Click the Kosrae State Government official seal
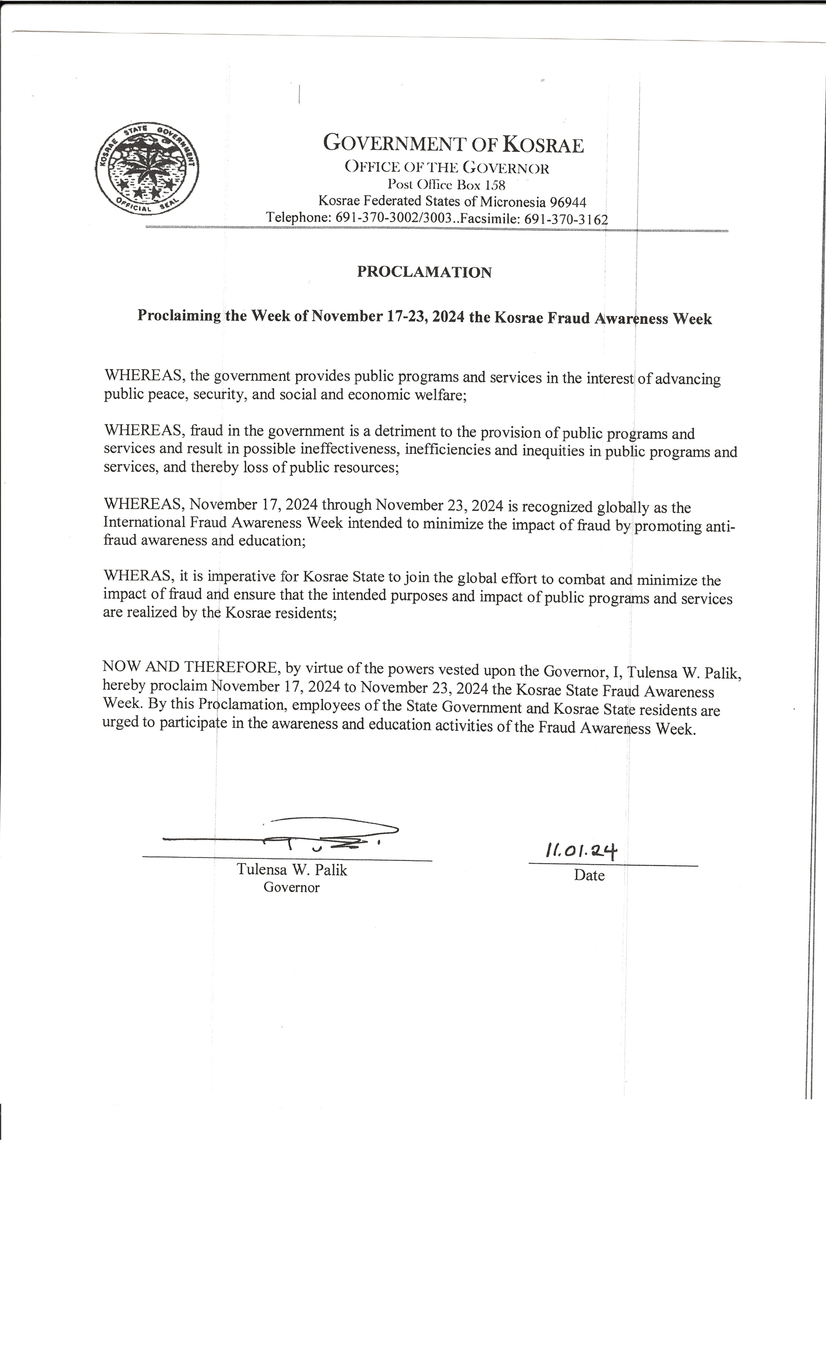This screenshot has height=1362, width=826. (147, 169)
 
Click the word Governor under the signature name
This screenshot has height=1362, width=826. (291, 887)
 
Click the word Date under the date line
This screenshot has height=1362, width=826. (589, 875)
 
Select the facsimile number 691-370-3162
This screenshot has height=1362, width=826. (566, 219)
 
